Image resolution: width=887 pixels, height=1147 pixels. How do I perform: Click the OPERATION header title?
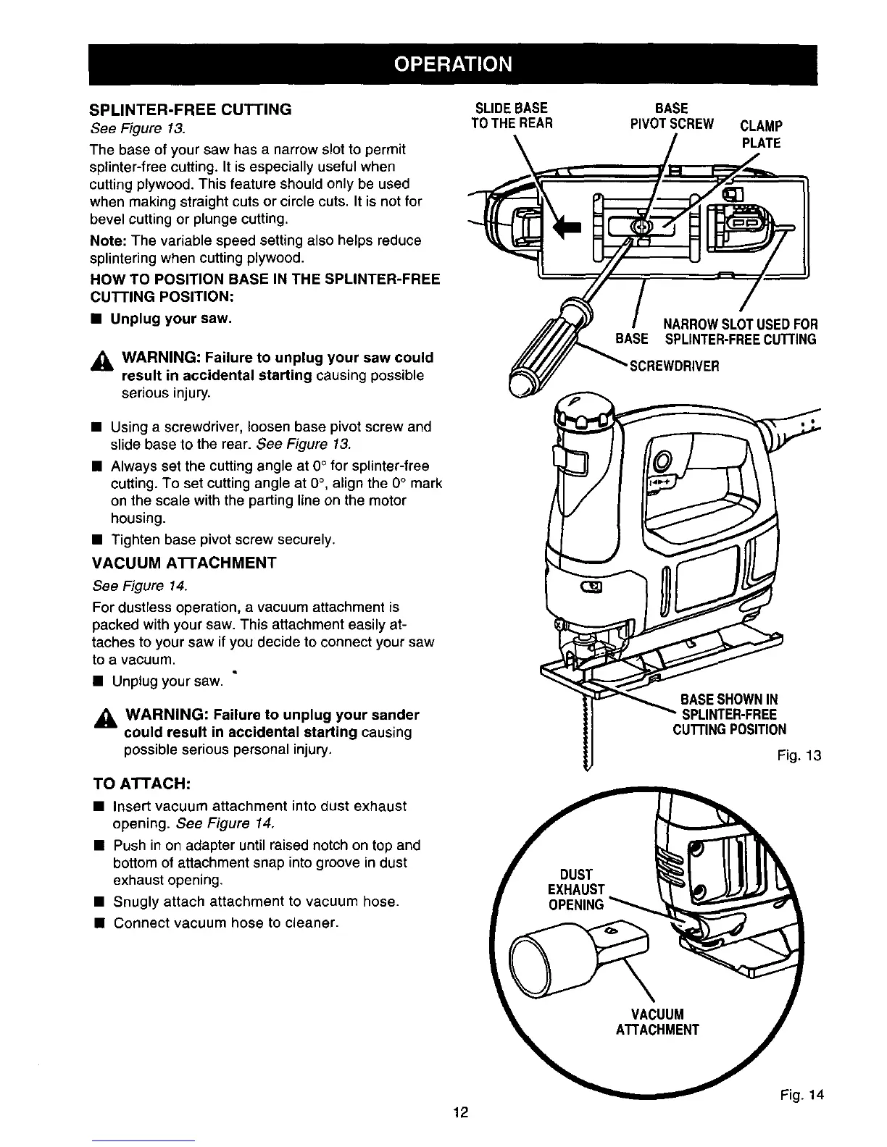click(x=453, y=64)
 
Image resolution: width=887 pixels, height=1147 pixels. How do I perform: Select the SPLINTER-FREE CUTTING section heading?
click(x=191, y=110)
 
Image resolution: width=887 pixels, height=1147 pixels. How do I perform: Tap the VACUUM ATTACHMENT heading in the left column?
click(x=185, y=563)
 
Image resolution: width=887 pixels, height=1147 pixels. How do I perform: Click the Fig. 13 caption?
click(x=799, y=757)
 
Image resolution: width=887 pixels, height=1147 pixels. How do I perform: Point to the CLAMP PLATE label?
click(x=761, y=134)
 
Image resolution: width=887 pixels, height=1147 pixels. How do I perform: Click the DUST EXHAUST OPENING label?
click(x=576, y=889)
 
